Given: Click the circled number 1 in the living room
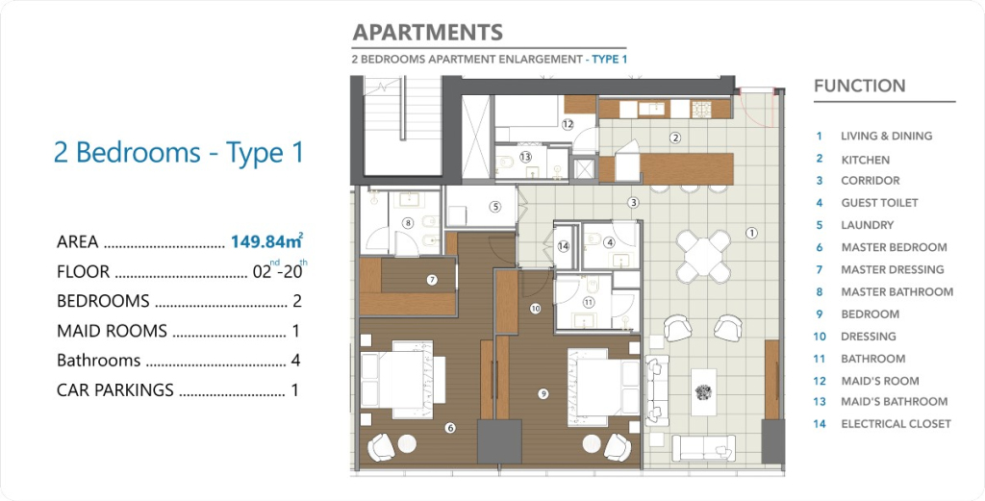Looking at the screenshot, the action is [x=751, y=233].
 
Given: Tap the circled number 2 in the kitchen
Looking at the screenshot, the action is [x=675, y=138].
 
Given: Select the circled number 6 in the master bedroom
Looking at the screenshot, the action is [x=450, y=428].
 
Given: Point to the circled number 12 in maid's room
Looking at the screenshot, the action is [x=568, y=124].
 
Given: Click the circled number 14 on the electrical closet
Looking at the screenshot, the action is [x=564, y=247].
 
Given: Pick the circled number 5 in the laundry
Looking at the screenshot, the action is [x=495, y=206].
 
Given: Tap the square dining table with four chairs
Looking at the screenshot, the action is [x=703, y=256].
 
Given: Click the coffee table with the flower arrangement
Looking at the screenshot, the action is [x=703, y=391].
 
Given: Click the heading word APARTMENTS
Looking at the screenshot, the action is [x=428, y=32].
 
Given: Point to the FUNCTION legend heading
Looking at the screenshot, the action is [x=859, y=86].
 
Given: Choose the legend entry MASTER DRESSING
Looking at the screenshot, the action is [x=893, y=269].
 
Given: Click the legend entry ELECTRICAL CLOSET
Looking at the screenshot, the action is [x=896, y=424].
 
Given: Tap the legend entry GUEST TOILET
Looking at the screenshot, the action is [x=879, y=203].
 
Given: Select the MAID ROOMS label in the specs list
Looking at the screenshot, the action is [x=112, y=331].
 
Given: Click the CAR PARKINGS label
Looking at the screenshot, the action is [x=115, y=389].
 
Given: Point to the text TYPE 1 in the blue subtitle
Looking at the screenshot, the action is [x=610, y=60].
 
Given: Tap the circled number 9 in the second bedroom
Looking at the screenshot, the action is [x=543, y=393].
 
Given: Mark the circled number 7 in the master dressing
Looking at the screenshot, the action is [x=432, y=280].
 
